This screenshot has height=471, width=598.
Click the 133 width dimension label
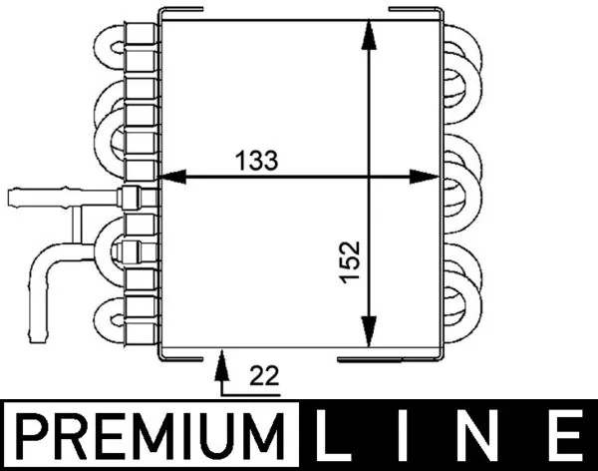[255, 159]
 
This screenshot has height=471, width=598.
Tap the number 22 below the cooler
[264, 376]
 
